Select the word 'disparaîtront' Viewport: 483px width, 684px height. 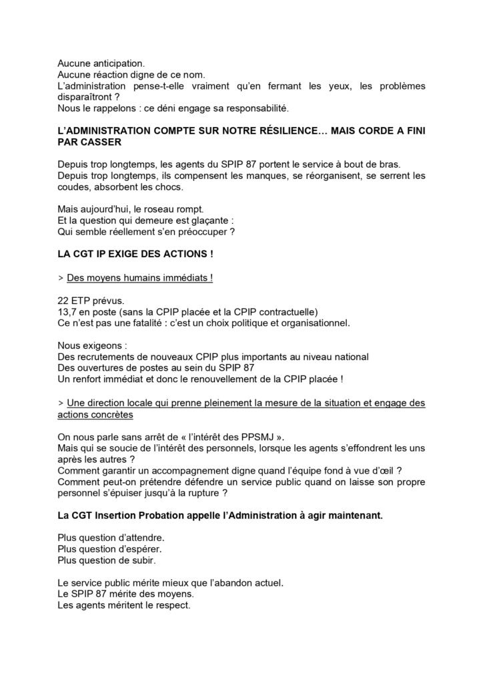pyautogui.click(x=85, y=98)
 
